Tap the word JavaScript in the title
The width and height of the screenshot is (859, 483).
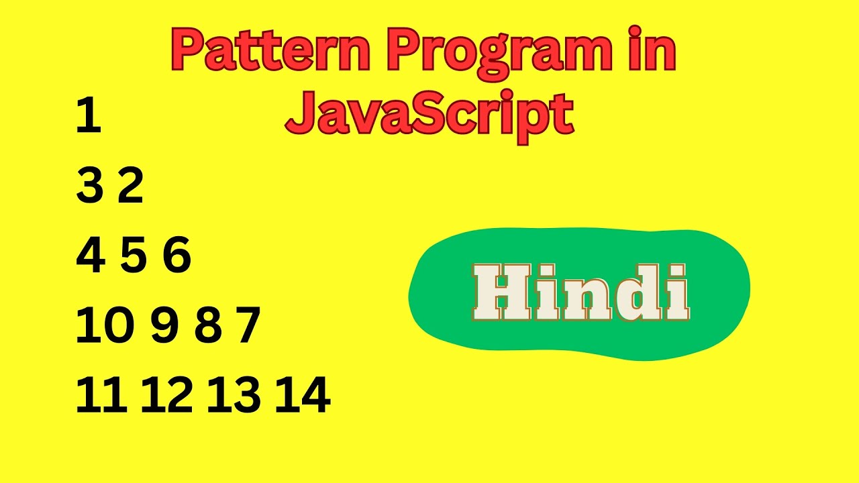click(x=429, y=114)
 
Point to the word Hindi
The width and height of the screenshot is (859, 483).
click(x=581, y=293)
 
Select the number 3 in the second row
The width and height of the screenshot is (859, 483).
click(x=89, y=186)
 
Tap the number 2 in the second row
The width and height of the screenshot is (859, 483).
click(x=131, y=186)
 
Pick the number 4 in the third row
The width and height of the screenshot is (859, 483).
click(x=91, y=256)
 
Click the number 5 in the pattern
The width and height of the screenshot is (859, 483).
click(x=134, y=256)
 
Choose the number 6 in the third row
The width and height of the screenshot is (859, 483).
click(x=177, y=256)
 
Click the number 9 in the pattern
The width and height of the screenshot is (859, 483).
click(x=164, y=327)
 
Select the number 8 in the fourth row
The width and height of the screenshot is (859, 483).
click(x=207, y=327)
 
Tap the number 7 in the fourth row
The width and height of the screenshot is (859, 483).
click(x=248, y=327)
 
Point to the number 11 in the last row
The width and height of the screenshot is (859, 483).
click(x=101, y=396)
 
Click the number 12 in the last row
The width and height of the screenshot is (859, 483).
click(x=166, y=396)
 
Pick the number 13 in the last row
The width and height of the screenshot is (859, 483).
click(x=234, y=396)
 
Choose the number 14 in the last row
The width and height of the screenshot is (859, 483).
click(x=303, y=396)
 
